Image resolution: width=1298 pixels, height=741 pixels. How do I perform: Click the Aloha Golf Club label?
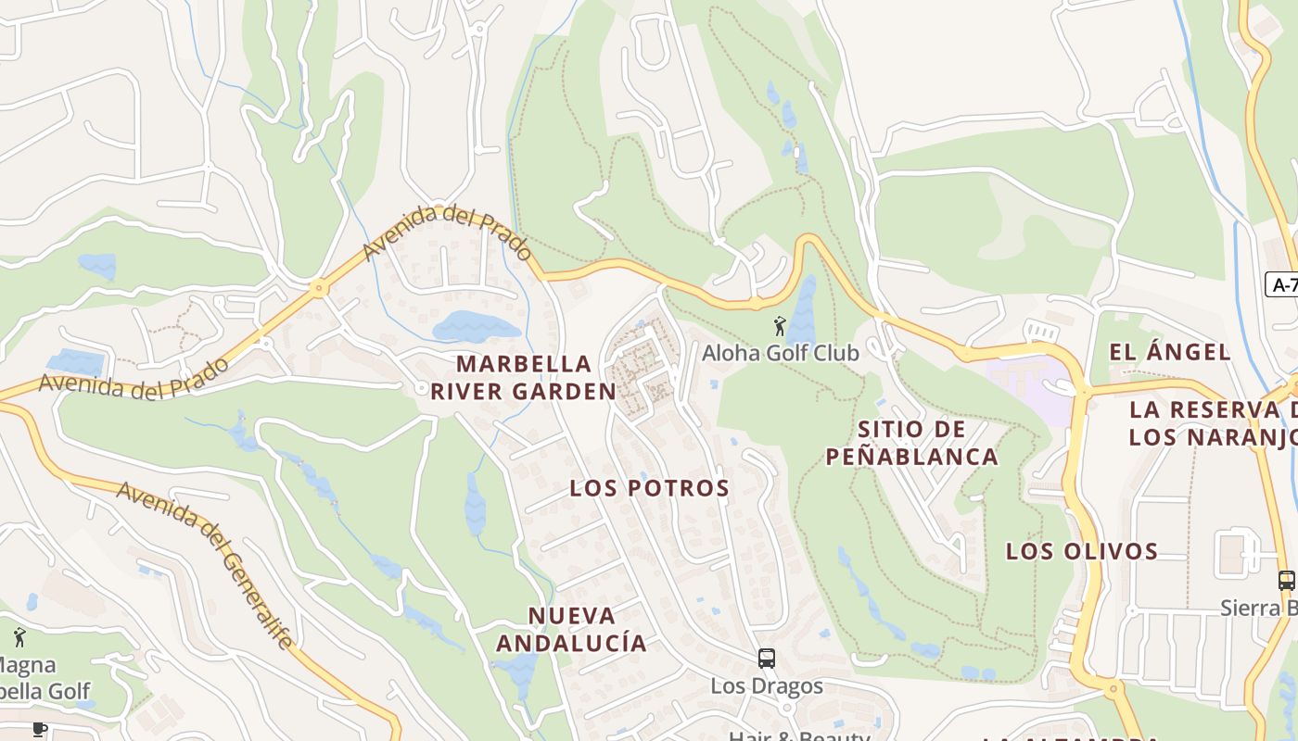[780, 353]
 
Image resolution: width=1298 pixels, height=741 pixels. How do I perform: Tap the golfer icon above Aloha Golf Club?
[780, 326]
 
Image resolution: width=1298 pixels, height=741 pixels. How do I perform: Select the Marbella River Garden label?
[523, 377]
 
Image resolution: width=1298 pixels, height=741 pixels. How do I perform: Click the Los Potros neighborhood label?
[649, 488]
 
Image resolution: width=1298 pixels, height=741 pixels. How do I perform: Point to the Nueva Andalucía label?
[571, 629]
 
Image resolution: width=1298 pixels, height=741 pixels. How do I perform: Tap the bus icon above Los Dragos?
[767, 659]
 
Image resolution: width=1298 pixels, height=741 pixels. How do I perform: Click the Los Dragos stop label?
[767, 686]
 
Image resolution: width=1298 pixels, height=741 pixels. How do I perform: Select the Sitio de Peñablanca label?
[911, 443]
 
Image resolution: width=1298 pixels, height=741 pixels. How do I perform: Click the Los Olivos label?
[1082, 551]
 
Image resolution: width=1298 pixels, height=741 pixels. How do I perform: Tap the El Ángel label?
[1170, 352]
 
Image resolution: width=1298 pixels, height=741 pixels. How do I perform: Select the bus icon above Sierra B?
[1286, 581]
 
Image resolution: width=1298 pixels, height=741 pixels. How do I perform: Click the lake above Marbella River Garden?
[476, 327]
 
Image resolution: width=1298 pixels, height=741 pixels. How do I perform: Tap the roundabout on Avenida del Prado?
[319, 289]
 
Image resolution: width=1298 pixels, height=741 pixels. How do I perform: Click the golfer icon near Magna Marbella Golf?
[19, 637]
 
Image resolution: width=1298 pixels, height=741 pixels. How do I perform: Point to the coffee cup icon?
[39, 729]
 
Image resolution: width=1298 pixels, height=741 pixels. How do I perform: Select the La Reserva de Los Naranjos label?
[1213, 423]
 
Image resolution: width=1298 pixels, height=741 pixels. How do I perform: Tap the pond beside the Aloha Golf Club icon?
[802, 310]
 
